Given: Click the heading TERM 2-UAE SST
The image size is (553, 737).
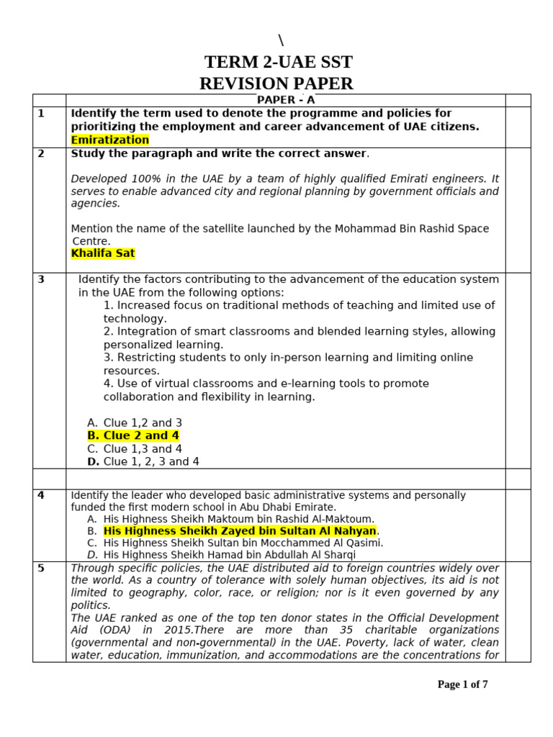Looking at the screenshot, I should click(x=279, y=62).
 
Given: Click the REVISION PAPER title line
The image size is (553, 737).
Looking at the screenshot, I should click(x=276, y=83).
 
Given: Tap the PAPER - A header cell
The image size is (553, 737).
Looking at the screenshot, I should click(x=286, y=100).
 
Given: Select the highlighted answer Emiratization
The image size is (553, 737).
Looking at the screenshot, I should click(x=110, y=140).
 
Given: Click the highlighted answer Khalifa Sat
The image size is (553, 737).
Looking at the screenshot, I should click(x=103, y=253).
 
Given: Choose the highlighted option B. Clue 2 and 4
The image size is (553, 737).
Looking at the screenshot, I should click(x=133, y=435).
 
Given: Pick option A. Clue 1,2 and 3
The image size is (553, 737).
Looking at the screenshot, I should click(x=135, y=422).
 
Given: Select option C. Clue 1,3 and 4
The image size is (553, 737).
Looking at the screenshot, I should click(x=135, y=448).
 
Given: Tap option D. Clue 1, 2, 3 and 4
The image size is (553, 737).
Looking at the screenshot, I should click(x=143, y=461).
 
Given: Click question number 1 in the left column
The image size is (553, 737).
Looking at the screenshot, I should click(x=41, y=113).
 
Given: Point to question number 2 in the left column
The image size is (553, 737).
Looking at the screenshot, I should click(x=41, y=153).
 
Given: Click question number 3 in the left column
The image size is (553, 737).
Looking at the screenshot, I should click(x=41, y=279).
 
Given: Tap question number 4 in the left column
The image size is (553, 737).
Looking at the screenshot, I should click(x=41, y=495).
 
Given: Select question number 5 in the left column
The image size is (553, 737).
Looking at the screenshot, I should click(x=41, y=568).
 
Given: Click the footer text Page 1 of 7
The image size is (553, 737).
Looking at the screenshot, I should click(x=462, y=684).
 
